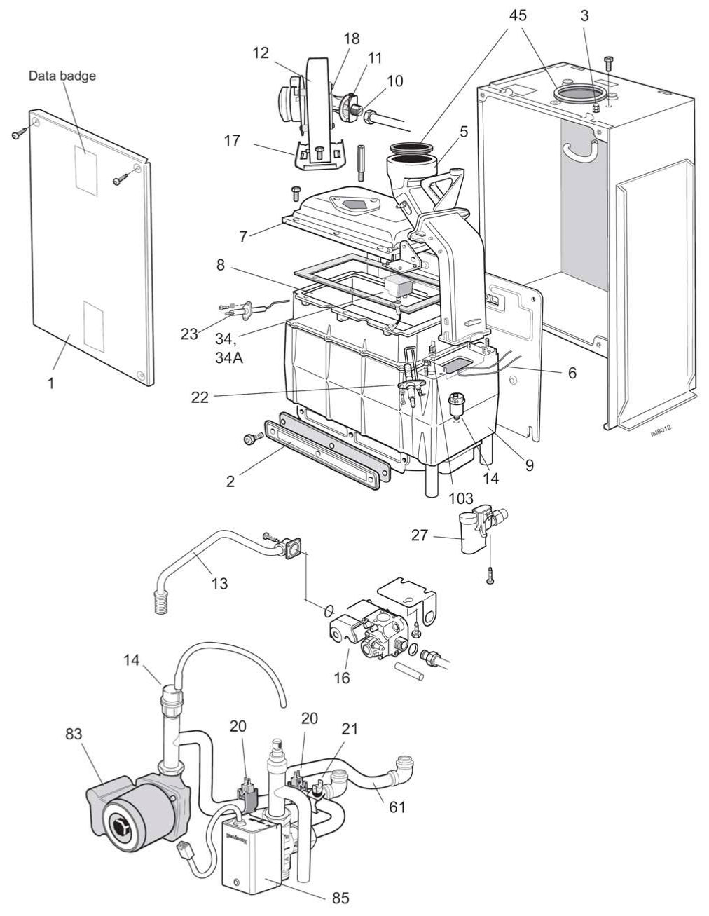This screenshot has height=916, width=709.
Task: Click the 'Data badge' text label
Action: [62, 76]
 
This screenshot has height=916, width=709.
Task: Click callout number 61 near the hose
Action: [397, 808]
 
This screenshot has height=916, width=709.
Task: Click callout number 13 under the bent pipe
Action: [219, 582]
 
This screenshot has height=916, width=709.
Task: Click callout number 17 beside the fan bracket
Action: [232, 141]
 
